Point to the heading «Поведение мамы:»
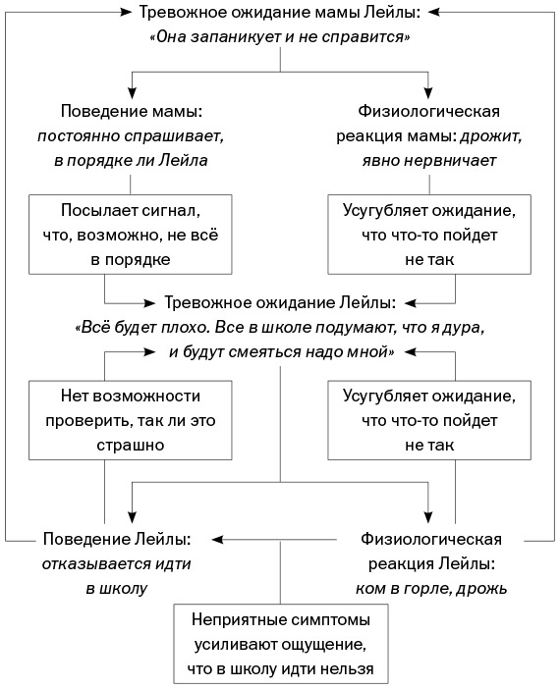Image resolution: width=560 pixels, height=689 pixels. coord(130,110)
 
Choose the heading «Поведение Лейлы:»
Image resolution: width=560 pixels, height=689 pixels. coord(117,539)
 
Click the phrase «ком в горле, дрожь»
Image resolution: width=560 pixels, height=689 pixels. coord(431,588)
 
